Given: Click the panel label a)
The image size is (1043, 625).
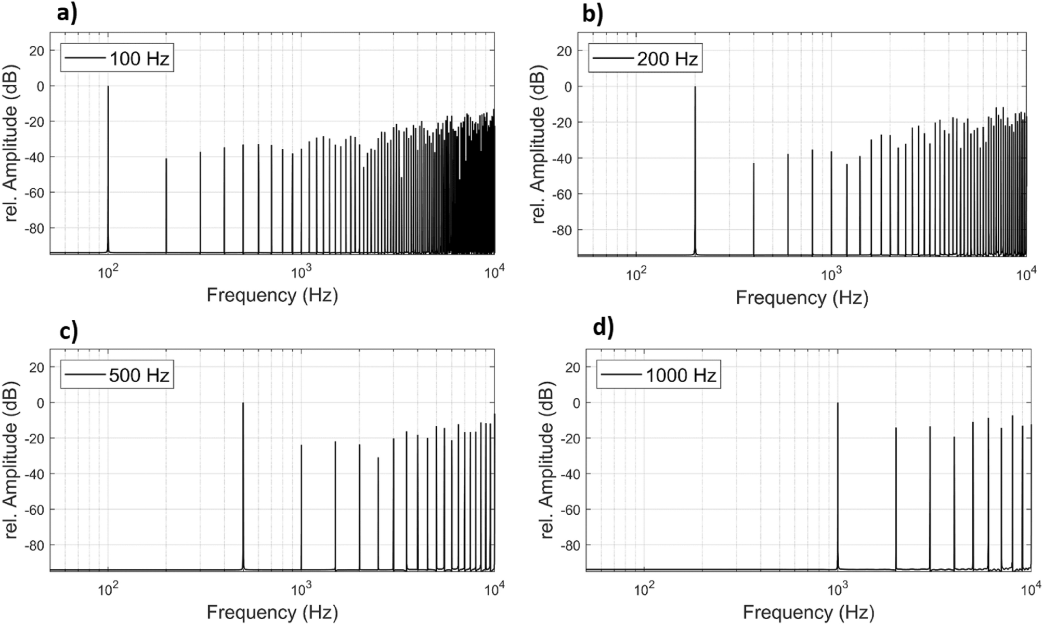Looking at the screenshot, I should click(x=67, y=14).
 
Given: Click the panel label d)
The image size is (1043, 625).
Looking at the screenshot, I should click(x=603, y=328).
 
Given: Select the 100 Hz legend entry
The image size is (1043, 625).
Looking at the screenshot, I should click(x=117, y=59).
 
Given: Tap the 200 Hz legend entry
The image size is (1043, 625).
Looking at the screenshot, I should click(x=645, y=59).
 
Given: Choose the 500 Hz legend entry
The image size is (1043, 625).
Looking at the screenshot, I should click(x=117, y=375).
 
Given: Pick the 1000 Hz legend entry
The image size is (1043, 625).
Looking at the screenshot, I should click(x=658, y=375).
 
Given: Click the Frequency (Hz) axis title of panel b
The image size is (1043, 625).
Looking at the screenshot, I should click(x=802, y=297).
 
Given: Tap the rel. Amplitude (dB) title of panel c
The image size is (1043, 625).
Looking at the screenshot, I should click(x=11, y=461).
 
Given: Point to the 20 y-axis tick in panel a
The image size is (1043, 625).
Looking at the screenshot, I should click(x=37, y=50).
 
